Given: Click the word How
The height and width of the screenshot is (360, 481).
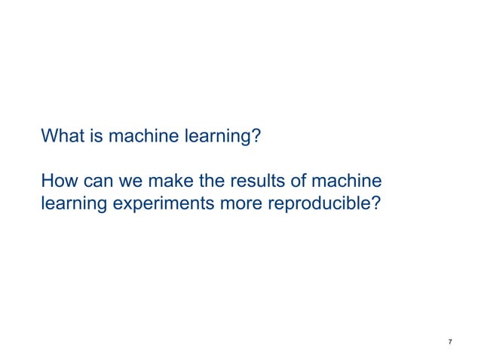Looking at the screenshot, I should (58, 182).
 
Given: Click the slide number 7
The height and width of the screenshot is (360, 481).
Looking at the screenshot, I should (450, 343).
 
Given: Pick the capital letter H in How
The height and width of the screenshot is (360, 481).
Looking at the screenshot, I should (47, 182).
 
